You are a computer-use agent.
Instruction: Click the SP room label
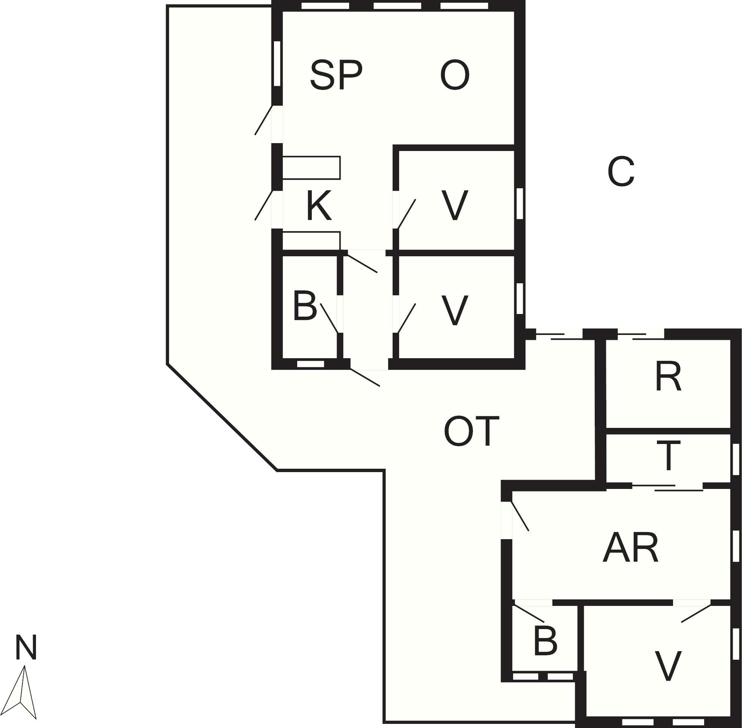(x=336, y=75)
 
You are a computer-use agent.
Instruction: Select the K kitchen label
(x=319, y=206)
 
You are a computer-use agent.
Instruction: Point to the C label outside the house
(x=621, y=172)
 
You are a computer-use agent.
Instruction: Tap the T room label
(x=668, y=455)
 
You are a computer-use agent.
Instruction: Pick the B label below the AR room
(x=545, y=640)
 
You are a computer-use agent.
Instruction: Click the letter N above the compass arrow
(x=26, y=647)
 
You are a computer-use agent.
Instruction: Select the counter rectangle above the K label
(x=311, y=167)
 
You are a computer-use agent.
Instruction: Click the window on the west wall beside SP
(x=278, y=63)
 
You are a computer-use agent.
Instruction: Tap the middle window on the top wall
(x=397, y=6)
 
